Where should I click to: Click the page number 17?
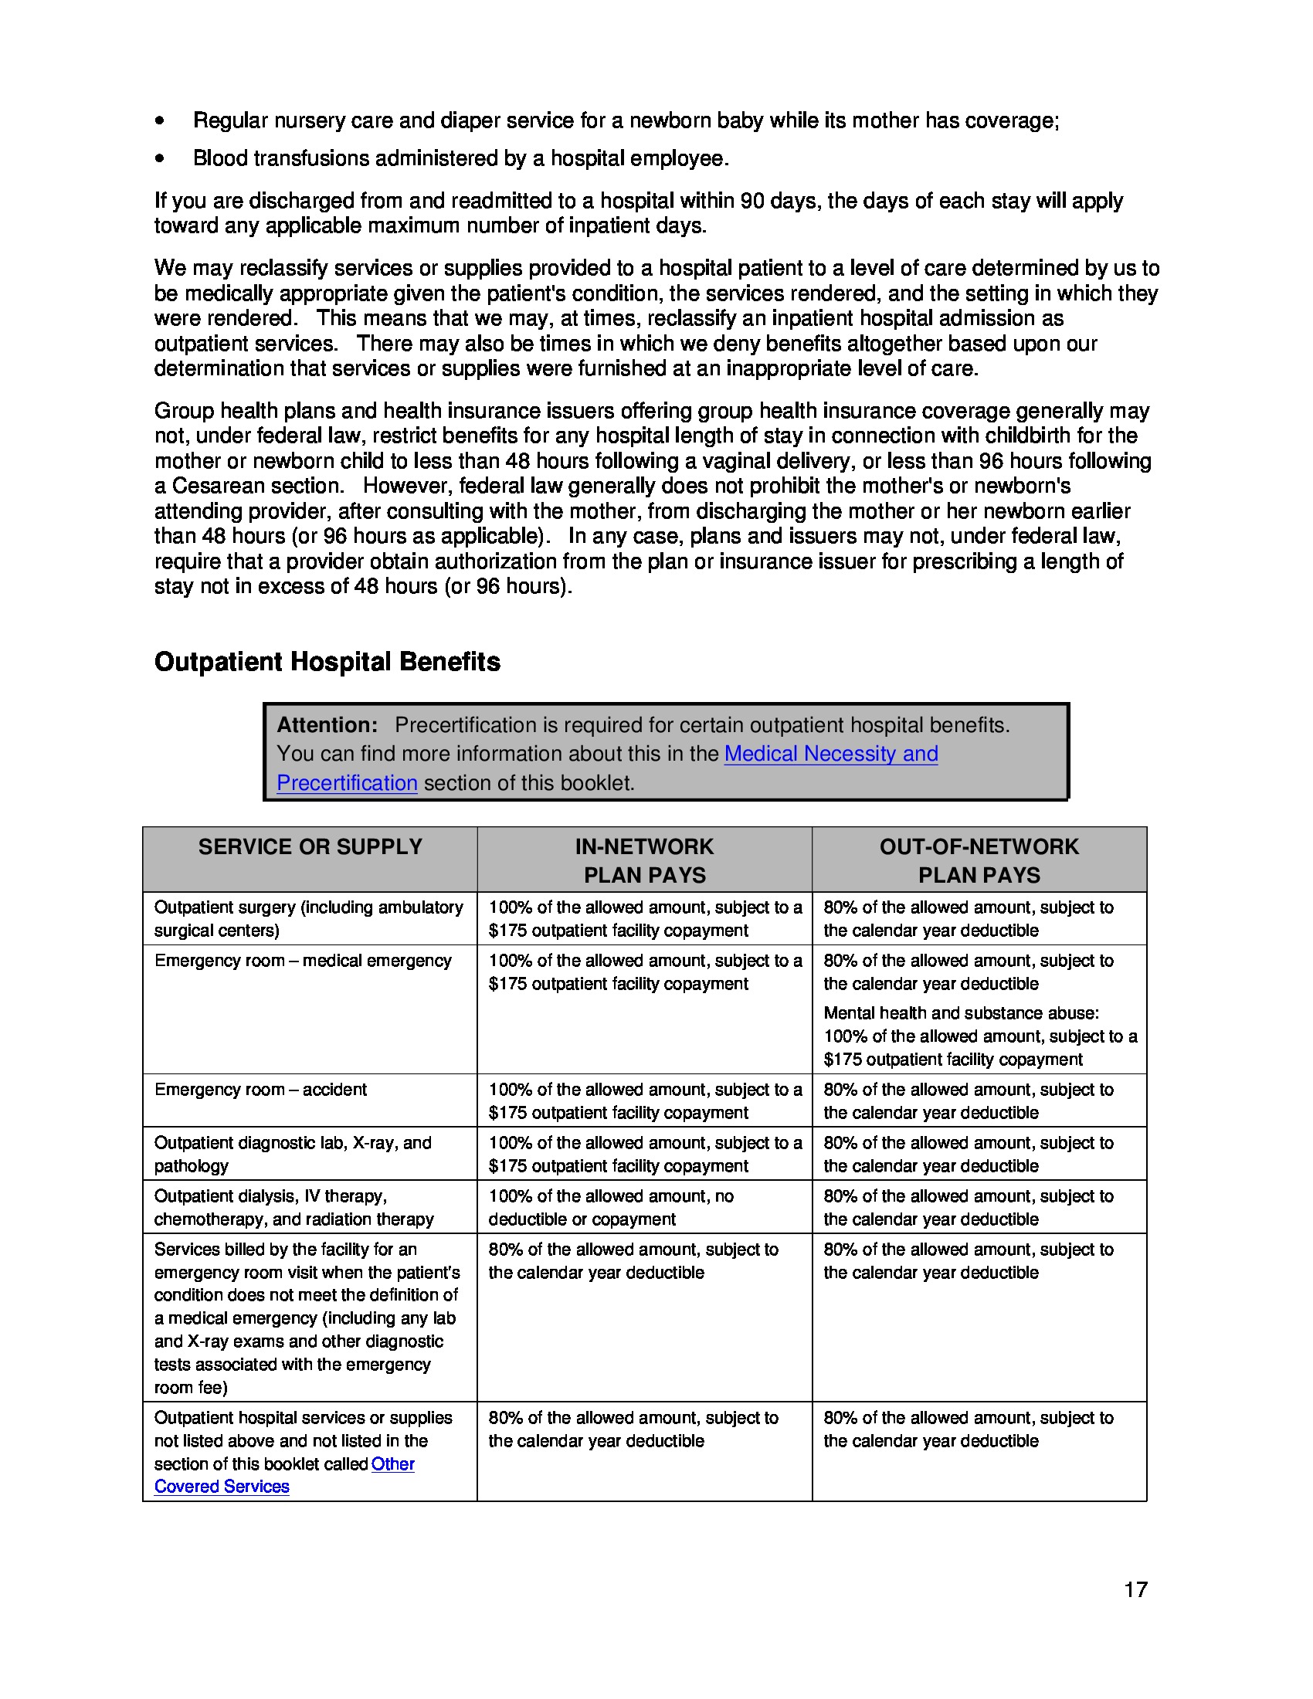pos(1135,1589)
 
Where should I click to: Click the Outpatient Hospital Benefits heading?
pos(327,661)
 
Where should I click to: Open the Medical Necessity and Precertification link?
pos(830,753)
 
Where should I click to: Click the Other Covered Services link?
pos(392,1463)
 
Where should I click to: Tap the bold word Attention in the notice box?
pos(327,724)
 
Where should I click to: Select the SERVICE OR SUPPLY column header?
pos(310,846)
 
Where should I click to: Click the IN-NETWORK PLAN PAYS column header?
pos(644,860)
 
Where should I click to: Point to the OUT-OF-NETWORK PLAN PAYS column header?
pos(979,860)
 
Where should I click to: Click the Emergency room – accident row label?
pos(260,1089)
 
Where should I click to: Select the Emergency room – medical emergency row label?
pos(303,960)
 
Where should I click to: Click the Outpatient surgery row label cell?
pos(308,918)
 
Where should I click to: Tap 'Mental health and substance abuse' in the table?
pos(961,1012)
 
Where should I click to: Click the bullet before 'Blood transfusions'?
pos(159,158)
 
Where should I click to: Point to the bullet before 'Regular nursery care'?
pos(159,120)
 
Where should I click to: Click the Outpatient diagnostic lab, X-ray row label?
pos(293,1154)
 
